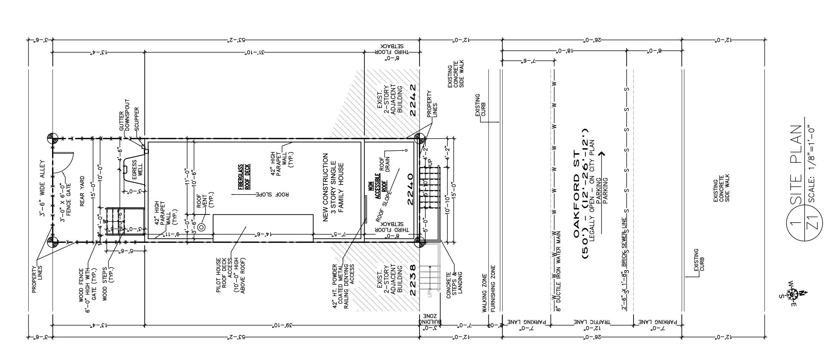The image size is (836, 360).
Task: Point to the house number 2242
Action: pos(412,100)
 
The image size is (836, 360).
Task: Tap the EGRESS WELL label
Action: pos(137,177)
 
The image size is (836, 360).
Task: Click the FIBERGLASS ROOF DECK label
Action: pos(244,177)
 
